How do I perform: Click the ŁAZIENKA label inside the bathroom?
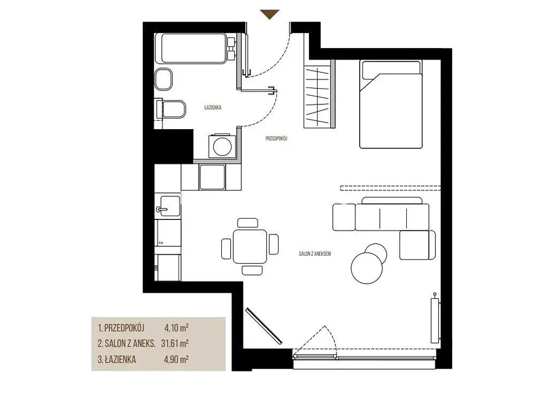click(213, 108)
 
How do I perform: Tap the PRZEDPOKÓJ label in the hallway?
click(276, 138)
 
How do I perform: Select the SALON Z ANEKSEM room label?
click(315, 253)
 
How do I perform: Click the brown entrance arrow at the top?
click(270, 14)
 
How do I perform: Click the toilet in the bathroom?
click(171, 110)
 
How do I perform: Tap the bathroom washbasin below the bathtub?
click(163, 79)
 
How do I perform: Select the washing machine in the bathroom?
click(222, 146)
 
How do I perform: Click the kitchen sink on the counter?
click(168, 206)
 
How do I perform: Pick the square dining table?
click(250, 246)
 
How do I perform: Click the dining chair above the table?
click(248, 223)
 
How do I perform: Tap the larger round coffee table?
click(366, 268)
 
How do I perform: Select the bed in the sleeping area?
click(391, 104)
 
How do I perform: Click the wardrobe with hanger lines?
click(320, 94)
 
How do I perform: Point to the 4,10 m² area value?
click(176, 327)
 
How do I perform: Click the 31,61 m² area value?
click(175, 343)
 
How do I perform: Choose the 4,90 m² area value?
click(176, 359)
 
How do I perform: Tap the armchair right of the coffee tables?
click(418, 245)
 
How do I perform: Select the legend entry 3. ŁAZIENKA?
click(117, 359)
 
